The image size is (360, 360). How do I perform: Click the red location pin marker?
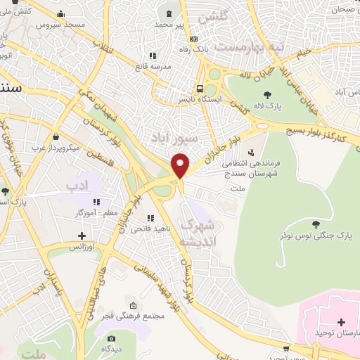[x=181, y=167]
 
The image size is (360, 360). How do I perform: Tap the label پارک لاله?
[x=269, y=106]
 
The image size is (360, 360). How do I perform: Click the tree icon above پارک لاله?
[x=266, y=95]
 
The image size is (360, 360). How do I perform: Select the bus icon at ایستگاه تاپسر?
[x=200, y=89]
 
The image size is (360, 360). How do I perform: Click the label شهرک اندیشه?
[x=201, y=233]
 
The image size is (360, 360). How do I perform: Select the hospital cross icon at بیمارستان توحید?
[x=341, y=323]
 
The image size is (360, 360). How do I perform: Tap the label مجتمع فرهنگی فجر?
[x=139, y=316]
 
